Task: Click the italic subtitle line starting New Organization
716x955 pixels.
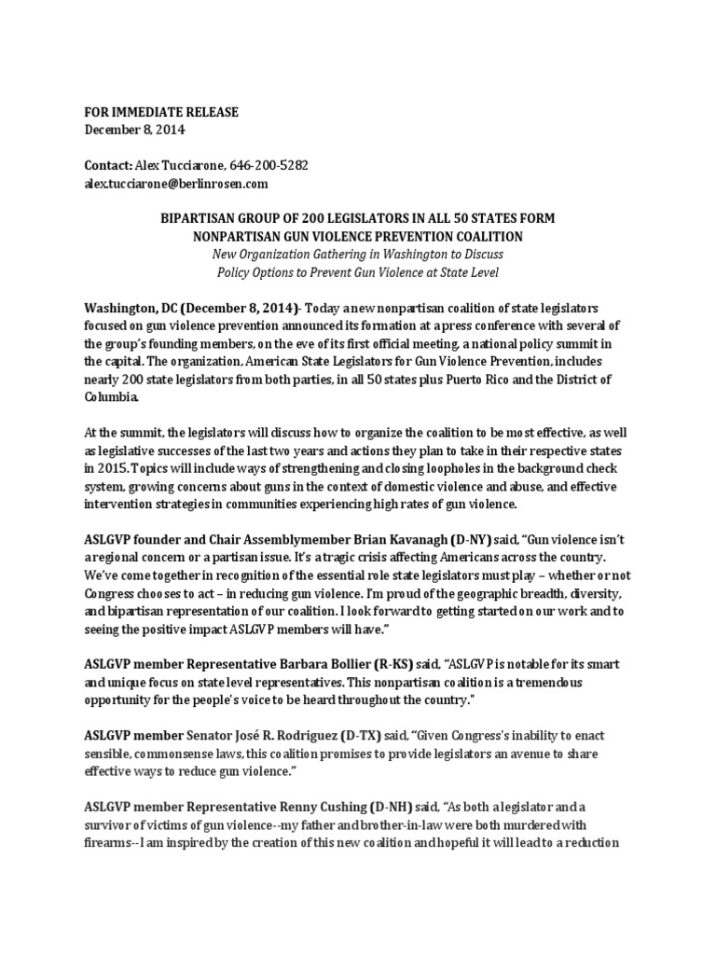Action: (x=358, y=255)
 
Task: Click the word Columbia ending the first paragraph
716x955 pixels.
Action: (x=117, y=397)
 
